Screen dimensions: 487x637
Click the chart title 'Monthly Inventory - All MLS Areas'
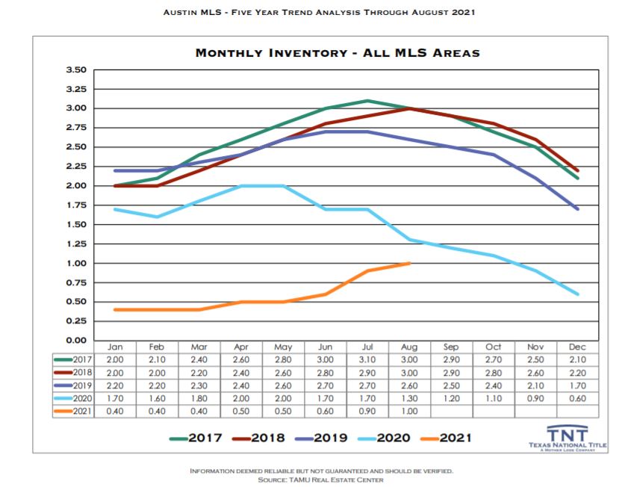tap(337, 53)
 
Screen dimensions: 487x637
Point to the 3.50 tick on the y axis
tap(76, 69)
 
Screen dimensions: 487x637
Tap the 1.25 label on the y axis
tap(76, 243)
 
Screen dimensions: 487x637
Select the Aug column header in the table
tap(409, 347)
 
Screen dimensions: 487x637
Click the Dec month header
tap(577, 347)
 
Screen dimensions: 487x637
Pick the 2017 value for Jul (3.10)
tap(367, 360)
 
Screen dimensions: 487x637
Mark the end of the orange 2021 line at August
tap(409, 263)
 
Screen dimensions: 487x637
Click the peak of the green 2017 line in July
tap(367, 101)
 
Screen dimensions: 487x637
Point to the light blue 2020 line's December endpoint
tap(577, 294)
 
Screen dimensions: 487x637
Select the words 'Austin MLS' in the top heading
tap(190, 12)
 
